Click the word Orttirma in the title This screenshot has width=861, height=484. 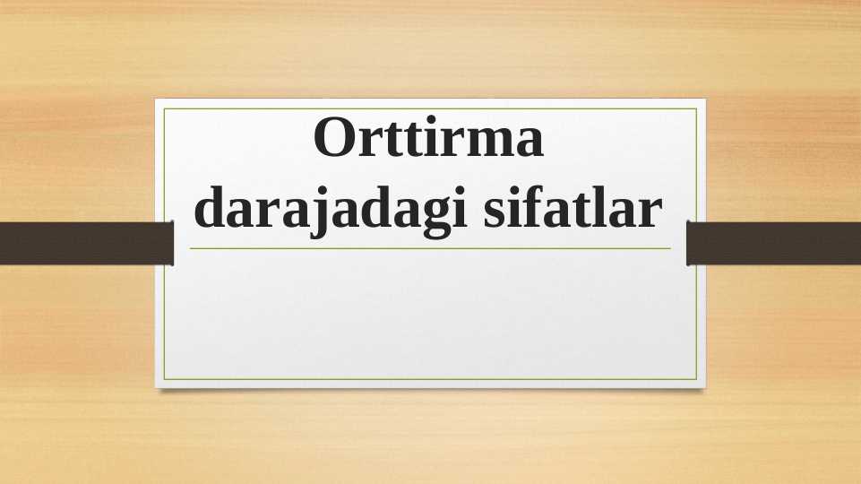[x=429, y=141]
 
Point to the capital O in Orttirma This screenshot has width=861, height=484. [x=334, y=141]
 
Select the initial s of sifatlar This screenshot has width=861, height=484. [x=494, y=212]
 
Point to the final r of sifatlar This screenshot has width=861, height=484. [x=651, y=212]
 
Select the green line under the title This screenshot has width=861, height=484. [x=430, y=248]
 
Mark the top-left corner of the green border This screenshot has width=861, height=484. [x=165, y=109]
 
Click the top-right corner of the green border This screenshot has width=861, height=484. [x=696, y=109]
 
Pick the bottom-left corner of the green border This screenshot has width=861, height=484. [x=165, y=378]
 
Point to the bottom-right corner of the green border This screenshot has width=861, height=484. [x=696, y=378]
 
